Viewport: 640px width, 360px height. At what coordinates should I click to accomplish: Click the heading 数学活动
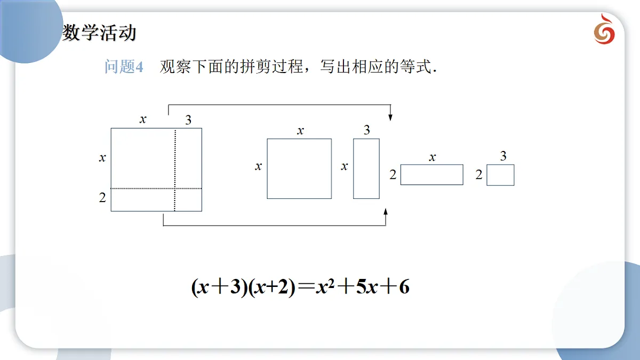point(99,33)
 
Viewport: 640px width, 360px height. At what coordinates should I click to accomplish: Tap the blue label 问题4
point(124,67)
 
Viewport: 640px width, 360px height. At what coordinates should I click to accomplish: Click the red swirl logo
point(604,29)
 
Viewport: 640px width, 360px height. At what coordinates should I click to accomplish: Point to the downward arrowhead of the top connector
point(390,117)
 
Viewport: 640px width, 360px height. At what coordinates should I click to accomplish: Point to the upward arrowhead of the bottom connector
point(386,212)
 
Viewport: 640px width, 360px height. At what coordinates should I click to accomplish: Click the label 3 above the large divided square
point(188,120)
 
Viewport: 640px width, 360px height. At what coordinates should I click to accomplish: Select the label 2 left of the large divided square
point(102,197)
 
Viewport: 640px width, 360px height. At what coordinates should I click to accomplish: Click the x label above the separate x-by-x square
point(300,131)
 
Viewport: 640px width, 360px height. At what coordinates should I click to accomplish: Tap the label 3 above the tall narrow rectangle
point(367,130)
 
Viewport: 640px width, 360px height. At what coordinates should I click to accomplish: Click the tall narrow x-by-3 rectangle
point(366,169)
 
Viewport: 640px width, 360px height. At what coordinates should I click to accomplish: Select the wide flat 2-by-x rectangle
point(431,174)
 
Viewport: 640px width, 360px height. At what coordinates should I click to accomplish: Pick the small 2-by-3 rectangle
point(500,175)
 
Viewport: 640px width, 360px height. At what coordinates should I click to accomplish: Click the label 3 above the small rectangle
point(503,156)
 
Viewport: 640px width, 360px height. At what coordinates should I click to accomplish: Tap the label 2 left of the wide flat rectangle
point(393,174)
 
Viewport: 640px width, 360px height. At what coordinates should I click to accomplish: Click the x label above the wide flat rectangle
point(433,157)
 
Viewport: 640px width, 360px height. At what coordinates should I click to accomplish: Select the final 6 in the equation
point(404,286)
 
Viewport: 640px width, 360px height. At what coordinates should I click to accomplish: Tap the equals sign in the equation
point(306,286)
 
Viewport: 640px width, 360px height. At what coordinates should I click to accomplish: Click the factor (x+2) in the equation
point(272,287)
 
